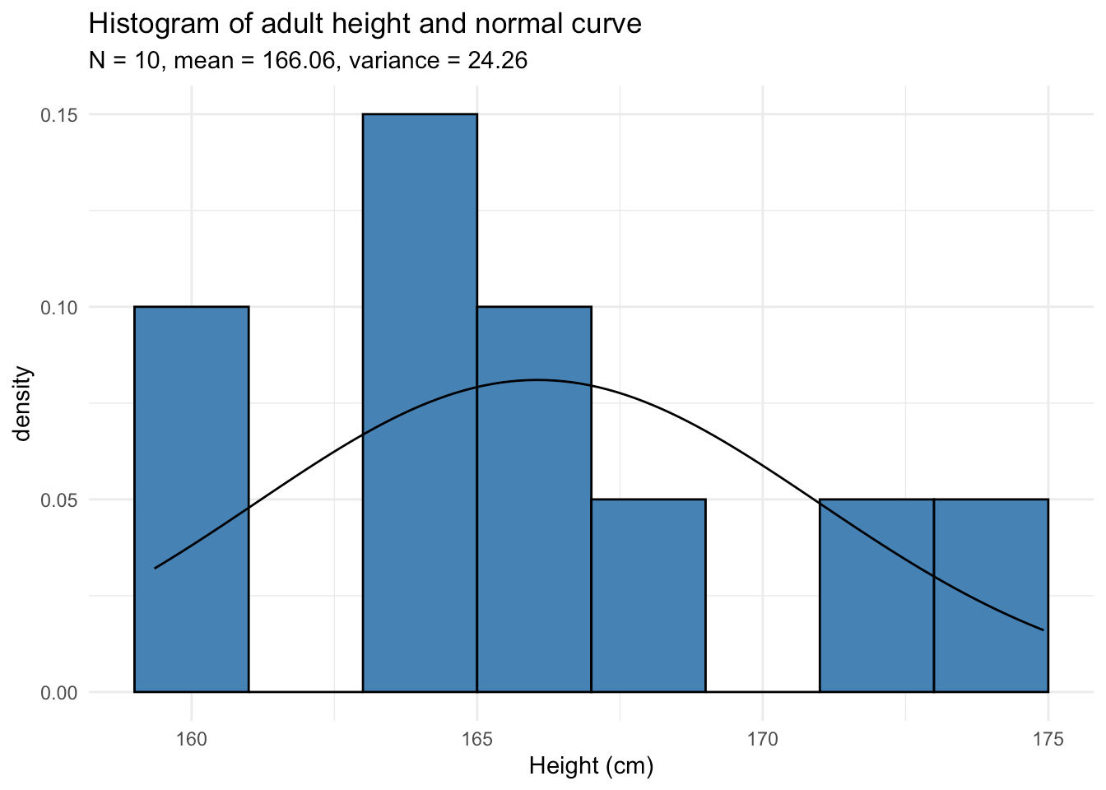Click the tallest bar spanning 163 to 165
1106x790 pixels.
click(x=420, y=403)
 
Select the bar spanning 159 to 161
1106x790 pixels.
click(x=191, y=500)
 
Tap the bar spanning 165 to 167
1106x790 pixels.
click(x=534, y=500)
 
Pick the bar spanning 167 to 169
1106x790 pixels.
click(x=648, y=596)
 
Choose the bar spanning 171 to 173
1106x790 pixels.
click(x=876, y=596)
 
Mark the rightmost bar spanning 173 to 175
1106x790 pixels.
click(x=991, y=596)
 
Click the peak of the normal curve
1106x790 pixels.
click(x=537, y=380)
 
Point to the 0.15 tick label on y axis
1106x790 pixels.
click(x=59, y=115)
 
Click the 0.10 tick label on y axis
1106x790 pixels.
click(x=59, y=308)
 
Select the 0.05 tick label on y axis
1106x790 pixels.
click(x=59, y=500)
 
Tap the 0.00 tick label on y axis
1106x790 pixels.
click(x=59, y=693)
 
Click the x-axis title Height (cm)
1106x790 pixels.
click(x=591, y=767)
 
